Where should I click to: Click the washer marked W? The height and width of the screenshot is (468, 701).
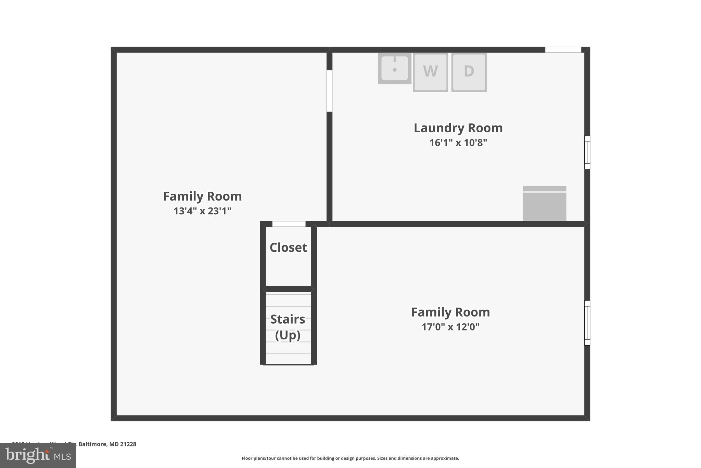(x=430, y=72)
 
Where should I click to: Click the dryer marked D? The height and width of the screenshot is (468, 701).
(x=469, y=72)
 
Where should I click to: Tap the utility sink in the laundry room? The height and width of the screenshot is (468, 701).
(x=394, y=68)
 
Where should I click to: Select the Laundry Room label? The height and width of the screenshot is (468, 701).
(x=458, y=128)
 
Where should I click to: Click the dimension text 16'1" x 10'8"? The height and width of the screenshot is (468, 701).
(x=458, y=143)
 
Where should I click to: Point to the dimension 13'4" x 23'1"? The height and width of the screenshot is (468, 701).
(x=202, y=211)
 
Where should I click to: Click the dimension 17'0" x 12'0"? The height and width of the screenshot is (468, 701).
(x=450, y=327)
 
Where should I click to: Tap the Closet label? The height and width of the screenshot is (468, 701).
(x=288, y=248)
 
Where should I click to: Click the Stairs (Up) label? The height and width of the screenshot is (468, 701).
(x=288, y=327)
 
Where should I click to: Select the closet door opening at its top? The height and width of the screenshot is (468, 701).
(x=289, y=224)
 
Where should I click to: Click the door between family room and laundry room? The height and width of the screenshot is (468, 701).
(x=329, y=91)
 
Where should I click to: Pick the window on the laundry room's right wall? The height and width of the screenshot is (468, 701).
(x=587, y=152)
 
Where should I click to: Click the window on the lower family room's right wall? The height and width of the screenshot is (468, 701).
(x=587, y=323)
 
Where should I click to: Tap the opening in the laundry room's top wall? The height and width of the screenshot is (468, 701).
(x=563, y=50)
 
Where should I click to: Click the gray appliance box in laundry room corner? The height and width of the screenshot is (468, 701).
(x=544, y=204)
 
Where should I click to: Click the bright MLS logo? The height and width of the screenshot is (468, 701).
(x=38, y=455)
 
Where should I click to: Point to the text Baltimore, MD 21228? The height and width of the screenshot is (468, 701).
(x=107, y=444)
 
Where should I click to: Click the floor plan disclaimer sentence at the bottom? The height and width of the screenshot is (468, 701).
(x=350, y=458)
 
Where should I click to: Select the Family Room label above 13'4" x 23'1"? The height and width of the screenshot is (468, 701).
(x=202, y=196)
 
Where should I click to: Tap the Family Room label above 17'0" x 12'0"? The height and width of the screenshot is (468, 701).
(x=450, y=312)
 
